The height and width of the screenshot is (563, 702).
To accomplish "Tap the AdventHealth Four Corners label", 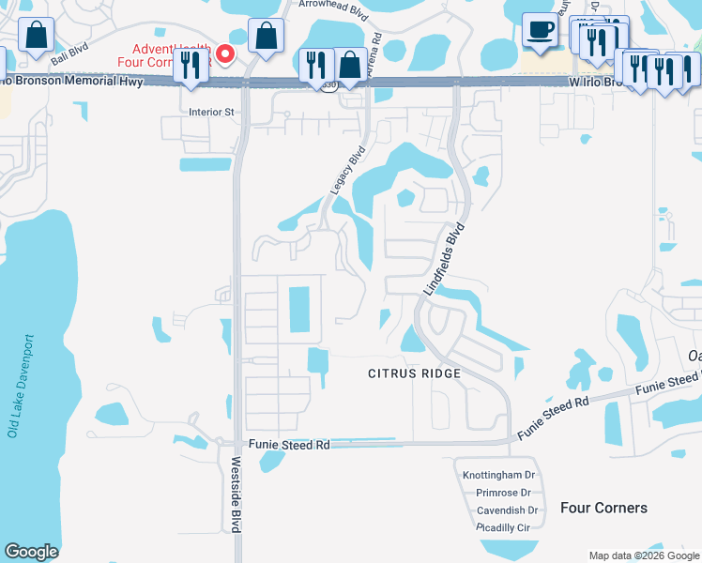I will point(173,57).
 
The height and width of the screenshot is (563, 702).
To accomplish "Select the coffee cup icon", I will point(539,31).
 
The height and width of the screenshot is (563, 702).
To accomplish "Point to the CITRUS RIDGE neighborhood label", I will point(414,373).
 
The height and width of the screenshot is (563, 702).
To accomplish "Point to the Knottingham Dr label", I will point(498,476).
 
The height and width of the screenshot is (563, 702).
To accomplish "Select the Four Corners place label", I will point(603,508).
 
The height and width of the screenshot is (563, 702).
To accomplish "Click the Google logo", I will point(31,552).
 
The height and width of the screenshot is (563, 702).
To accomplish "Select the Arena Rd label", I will point(374,56).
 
